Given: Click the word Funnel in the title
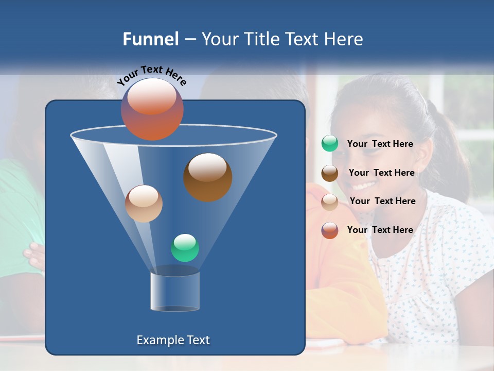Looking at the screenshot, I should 150,39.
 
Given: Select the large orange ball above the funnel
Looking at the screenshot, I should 152,109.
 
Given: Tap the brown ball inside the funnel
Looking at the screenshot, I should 207,177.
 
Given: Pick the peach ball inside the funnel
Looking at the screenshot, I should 144,204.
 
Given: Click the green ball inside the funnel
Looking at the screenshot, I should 185,248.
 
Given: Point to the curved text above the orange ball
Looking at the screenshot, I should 151,74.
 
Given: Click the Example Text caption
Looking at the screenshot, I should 173,340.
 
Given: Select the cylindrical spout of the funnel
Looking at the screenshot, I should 175,291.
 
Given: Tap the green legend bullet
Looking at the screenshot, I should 330,144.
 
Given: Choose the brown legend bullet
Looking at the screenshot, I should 330,173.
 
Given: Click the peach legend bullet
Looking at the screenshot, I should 330,201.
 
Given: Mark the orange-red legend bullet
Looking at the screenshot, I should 330,230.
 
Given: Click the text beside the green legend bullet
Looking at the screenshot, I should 380,144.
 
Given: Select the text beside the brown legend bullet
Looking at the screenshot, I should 381,173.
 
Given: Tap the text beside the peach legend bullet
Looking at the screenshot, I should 382,201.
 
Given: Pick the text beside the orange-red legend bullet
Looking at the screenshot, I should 380,230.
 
